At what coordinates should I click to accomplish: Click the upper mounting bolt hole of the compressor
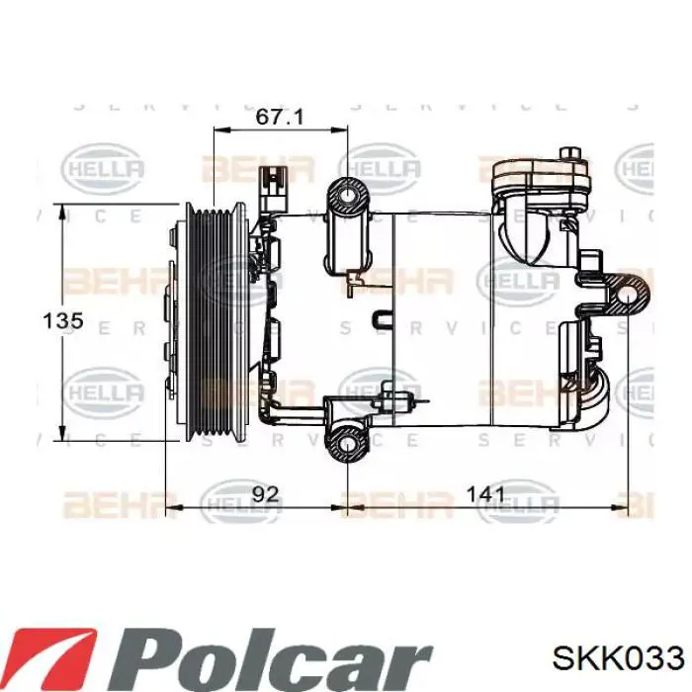point(348,200)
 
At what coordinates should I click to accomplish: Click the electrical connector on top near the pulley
point(271,188)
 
